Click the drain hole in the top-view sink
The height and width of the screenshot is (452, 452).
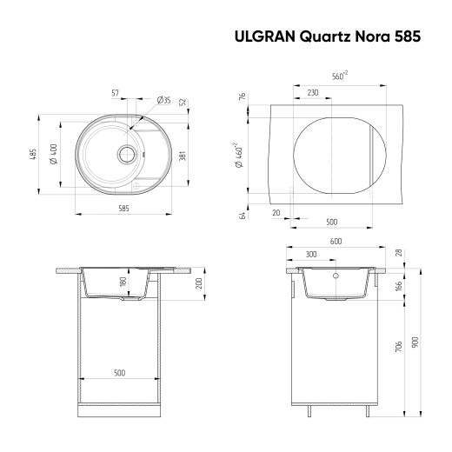127,155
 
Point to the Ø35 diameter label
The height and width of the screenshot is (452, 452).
163,101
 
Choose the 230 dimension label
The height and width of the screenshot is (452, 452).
311,93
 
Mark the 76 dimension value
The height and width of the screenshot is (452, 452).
243,97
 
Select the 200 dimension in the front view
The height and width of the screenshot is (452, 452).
198,284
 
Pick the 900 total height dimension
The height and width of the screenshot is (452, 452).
415,342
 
